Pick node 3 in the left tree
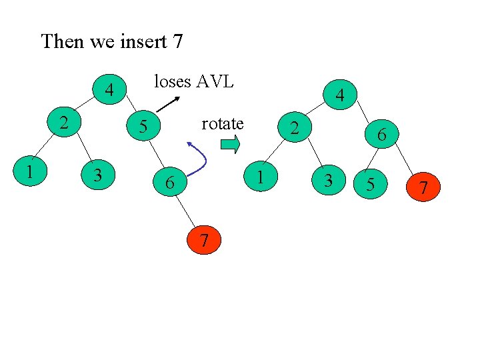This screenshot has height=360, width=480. coord(98,175)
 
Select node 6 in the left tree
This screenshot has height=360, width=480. coord(171,181)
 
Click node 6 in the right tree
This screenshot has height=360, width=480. coord(381,135)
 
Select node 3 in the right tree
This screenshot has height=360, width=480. coord(328,179)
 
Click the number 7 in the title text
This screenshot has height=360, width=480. coord(177,42)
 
